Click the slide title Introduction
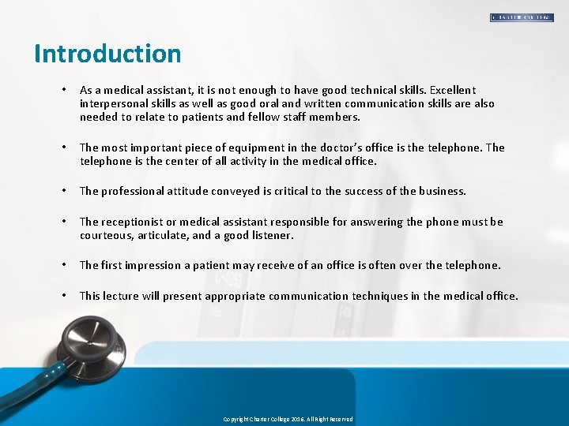(x=107, y=54)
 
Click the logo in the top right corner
(x=522, y=17)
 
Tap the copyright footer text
(x=288, y=419)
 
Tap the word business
(x=439, y=191)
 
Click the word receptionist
(x=132, y=222)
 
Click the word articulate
(x=167, y=235)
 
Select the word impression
(x=151, y=265)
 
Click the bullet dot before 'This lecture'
(x=63, y=296)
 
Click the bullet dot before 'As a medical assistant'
(x=63, y=91)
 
